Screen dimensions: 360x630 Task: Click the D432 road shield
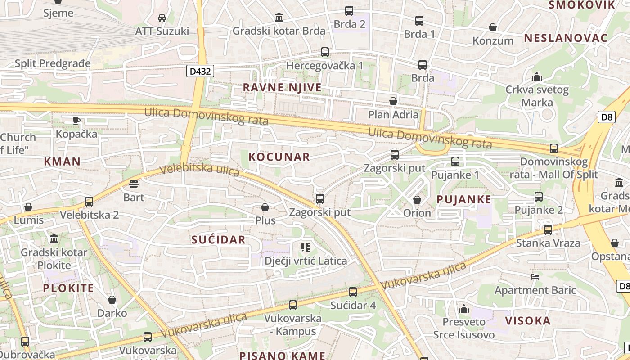coord(200,71)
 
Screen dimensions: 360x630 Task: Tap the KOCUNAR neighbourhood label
coord(279,157)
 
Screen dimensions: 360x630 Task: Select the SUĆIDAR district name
coord(218,239)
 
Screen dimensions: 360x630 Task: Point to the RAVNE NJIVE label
coord(282,87)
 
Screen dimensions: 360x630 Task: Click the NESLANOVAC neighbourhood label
coord(566,38)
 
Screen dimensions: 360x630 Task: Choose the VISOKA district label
coord(528,321)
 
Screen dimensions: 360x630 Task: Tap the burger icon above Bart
coord(134,184)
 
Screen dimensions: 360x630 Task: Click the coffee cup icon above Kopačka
coord(76,121)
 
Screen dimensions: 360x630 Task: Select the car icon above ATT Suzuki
coord(162,18)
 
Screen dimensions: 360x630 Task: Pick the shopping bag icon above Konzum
coord(493,27)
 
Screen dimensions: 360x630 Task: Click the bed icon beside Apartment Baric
coord(535,276)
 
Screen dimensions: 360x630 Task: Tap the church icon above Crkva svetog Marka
coord(536,76)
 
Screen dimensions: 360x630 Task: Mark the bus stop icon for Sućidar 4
coord(353,292)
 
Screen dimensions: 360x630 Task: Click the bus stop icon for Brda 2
coord(349,11)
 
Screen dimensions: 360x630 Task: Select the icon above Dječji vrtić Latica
coord(306,247)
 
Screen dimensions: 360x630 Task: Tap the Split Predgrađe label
coord(53,63)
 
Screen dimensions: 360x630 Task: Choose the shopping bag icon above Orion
coord(417,200)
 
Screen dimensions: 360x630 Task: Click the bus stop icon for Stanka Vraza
coord(548,230)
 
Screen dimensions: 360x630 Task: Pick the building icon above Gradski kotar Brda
coord(279,18)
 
